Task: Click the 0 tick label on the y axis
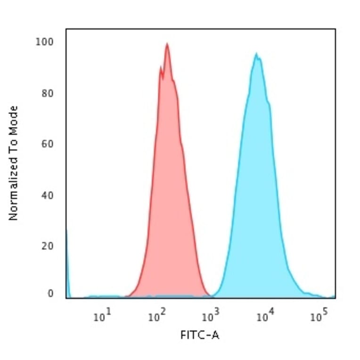point(50,294)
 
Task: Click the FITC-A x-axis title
point(200,335)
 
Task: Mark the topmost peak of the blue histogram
point(256,54)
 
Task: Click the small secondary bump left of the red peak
point(161,67)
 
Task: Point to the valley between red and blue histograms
point(210,296)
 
